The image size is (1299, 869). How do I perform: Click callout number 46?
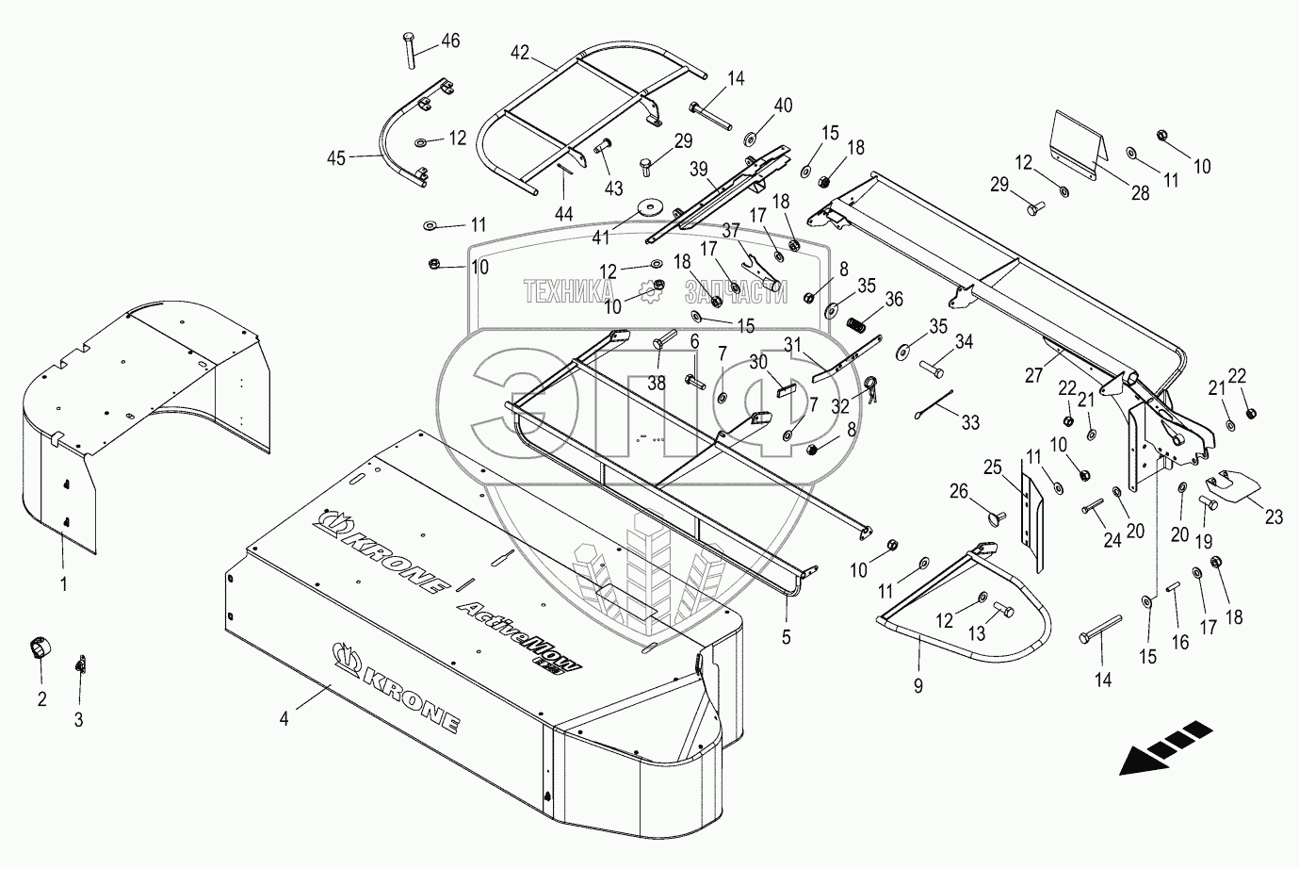tap(450, 41)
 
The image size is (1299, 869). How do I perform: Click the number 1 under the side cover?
tap(63, 584)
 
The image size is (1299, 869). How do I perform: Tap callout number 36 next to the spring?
tap(893, 299)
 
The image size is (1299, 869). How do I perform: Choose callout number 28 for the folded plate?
tap(1140, 194)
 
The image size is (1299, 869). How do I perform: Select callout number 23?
tap(1274, 516)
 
